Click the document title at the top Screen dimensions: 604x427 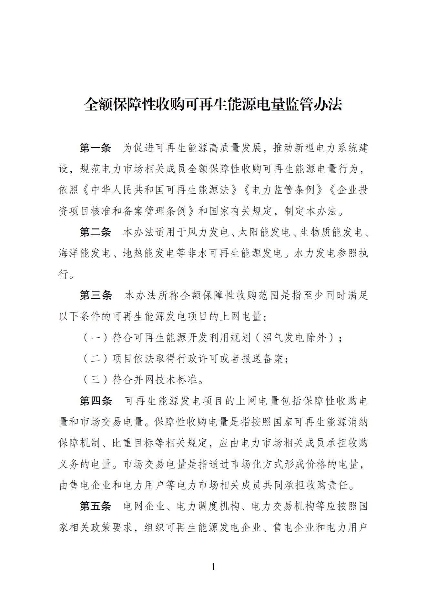pyautogui.click(x=213, y=104)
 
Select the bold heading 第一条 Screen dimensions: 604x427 pyautogui.click(x=95, y=148)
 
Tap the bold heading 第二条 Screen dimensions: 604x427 pyautogui.click(x=95, y=232)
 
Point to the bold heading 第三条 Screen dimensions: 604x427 pyautogui.click(x=96, y=295)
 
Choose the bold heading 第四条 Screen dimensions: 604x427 pyautogui.click(x=96, y=401)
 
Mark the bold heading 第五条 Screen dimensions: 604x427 pyautogui.click(x=95, y=506)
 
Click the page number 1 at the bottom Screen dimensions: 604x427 pyautogui.click(x=213, y=567)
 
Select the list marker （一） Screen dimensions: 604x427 pyautogui.click(x=95, y=338)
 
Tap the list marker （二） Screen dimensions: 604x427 pyautogui.click(x=95, y=359)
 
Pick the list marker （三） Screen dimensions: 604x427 pyautogui.click(x=95, y=380)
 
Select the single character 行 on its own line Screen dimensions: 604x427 pyautogui.click(x=63, y=274)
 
